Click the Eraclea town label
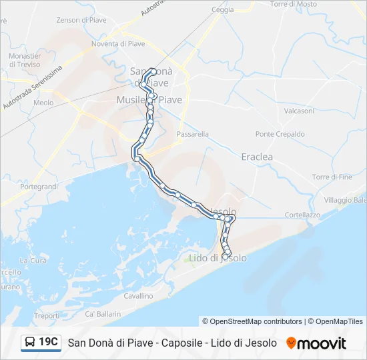pos(257,157)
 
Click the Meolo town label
pos(43,103)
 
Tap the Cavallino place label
pos(138,295)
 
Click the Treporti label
pos(47,316)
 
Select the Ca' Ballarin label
pos(103,313)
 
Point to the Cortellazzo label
pos(302,215)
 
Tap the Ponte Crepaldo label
pos(280,134)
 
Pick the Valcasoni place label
pos(299,111)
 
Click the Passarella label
pos(193,134)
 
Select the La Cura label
pos(33,260)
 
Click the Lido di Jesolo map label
pos(218,258)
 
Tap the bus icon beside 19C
pos(31,343)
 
